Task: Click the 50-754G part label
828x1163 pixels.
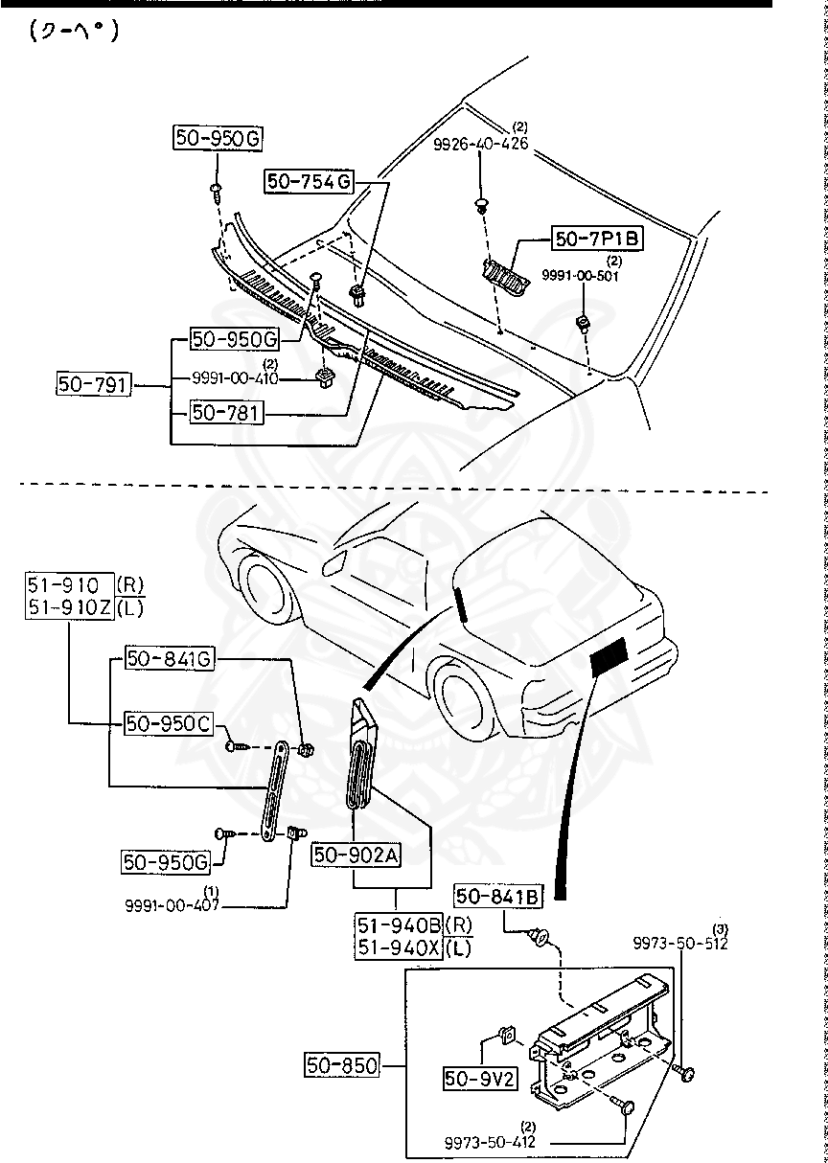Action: (310, 180)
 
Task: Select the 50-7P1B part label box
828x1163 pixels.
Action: (596, 238)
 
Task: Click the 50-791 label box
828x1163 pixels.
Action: (91, 385)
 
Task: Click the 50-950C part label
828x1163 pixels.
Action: (168, 723)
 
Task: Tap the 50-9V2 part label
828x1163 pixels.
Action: (480, 1079)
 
